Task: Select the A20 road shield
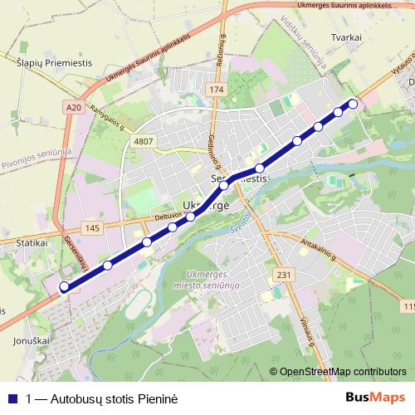tap(74, 106)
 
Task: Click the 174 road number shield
tap(217, 89)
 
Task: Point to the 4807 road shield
tap(144, 142)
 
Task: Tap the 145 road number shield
tap(91, 228)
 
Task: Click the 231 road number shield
tap(284, 275)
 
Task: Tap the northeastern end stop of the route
tap(353, 104)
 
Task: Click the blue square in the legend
tap(12, 398)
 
